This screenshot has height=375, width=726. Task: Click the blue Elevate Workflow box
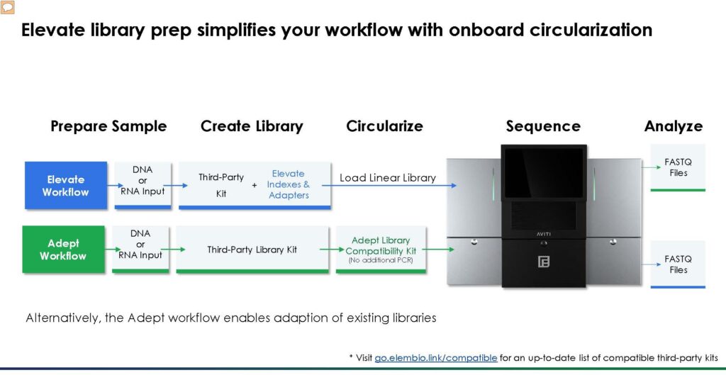pyautogui.click(x=66, y=185)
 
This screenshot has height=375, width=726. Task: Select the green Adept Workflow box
pyautogui.click(x=63, y=250)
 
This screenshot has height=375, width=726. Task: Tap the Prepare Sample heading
pyautogui.click(x=108, y=126)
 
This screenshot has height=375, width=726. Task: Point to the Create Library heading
pyautogui.click(x=252, y=126)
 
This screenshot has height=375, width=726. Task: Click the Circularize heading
pyautogui.click(x=384, y=126)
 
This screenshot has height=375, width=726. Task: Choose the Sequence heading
pyautogui.click(x=543, y=126)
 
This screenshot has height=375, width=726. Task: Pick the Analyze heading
pyautogui.click(x=674, y=126)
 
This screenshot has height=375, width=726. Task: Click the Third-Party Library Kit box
pyautogui.click(x=252, y=250)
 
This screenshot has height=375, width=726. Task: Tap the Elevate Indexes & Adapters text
pyautogui.click(x=289, y=184)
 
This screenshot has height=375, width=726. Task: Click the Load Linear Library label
pyautogui.click(x=388, y=178)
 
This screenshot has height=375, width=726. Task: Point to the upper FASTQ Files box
pyautogui.click(x=678, y=167)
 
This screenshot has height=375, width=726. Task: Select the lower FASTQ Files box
pyautogui.click(x=678, y=264)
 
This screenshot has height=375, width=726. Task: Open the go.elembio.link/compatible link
pyautogui.click(x=435, y=358)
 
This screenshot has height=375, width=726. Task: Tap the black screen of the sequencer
pyautogui.click(x=544, y=173)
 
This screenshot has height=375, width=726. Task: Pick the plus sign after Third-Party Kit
pyautogui.click(x=254, y=185)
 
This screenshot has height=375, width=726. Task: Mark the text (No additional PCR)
pyautogui.click(x=381, y=261)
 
